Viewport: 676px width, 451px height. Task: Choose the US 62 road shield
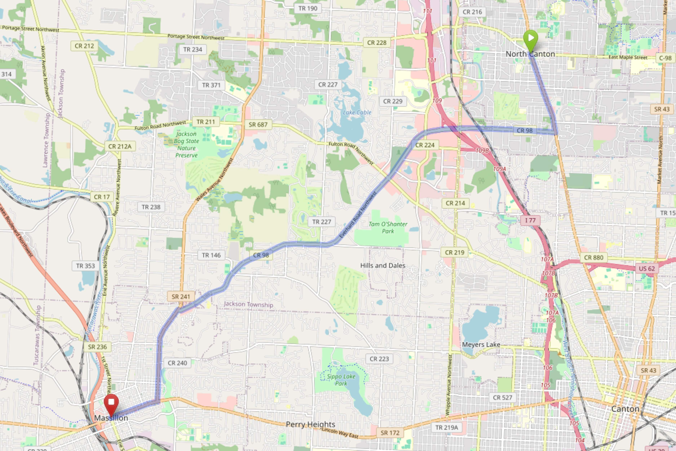click(646, 268)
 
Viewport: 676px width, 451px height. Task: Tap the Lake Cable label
click(357, 112)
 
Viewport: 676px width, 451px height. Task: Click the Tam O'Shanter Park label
click(388, 227)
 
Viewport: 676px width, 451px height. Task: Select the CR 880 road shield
click(593, 257)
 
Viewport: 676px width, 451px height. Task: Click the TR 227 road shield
click(321, 222)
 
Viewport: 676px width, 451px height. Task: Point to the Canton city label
click(625, 409)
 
